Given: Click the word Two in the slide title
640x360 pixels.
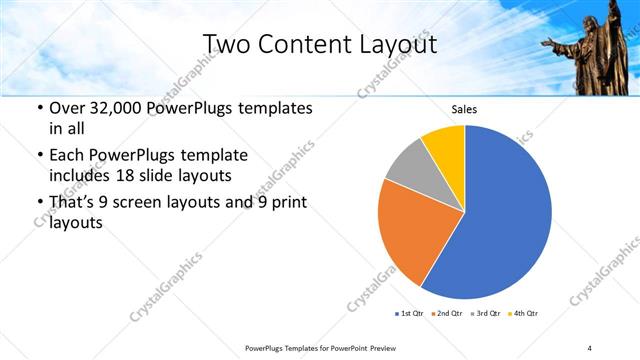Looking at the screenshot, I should pyautogui.click(x=224, y=44).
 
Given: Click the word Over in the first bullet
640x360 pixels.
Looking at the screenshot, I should pyautogui.click(x=67, y=107).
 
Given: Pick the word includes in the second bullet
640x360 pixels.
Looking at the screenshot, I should pyautogui.click(x=80, y=175).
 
